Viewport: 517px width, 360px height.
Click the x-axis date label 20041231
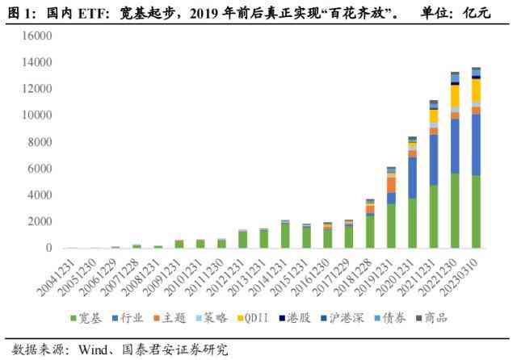(x=60, y=274)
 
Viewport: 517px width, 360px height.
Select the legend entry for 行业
(x=131, y=317)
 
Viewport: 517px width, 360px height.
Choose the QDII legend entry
(x=257, y=317)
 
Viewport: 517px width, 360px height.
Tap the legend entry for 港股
(x=303, y=317)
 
